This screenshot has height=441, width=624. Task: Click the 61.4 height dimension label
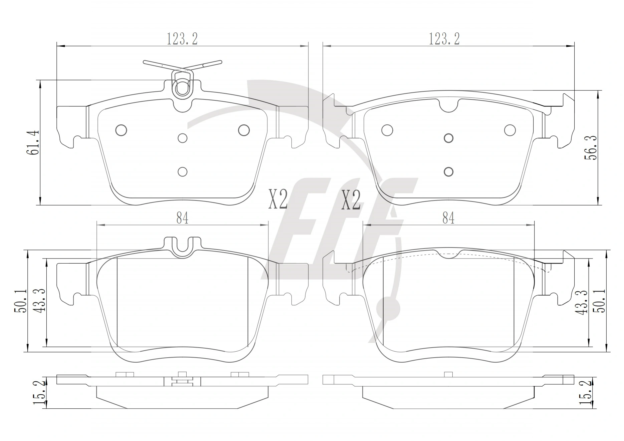pyautogui.click(x=35, y=142)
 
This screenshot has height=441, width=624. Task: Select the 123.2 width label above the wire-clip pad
pyautogui.click(x=182, y=39)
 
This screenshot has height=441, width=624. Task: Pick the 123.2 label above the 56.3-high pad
pyautogui.click(x=444, y=39)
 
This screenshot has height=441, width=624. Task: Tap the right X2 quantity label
pyautogui.click(x=351, y=200)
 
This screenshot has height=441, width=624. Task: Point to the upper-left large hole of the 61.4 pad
pyautogui.click(x=121, y=130)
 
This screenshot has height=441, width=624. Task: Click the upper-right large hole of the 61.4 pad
pyautogui.click(x=244, y=130)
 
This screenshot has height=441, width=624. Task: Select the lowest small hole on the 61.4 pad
pyautogui.click(x=182, y=171)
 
